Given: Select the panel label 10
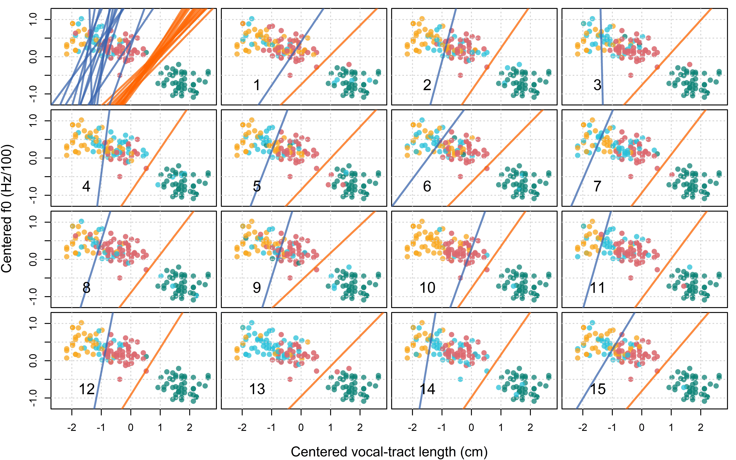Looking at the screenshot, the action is [427, 287].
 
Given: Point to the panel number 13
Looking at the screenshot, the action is [257, 389].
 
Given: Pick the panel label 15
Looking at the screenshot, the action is [598, 389].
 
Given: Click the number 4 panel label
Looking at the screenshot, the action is [86, 186].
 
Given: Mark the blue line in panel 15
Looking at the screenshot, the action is [605, 360].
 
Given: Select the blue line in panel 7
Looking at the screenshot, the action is [592, 158].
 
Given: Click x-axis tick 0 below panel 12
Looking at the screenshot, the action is [131, 427].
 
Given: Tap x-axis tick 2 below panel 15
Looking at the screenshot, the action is [701, 427].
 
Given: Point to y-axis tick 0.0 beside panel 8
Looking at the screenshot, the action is [33, 259].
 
